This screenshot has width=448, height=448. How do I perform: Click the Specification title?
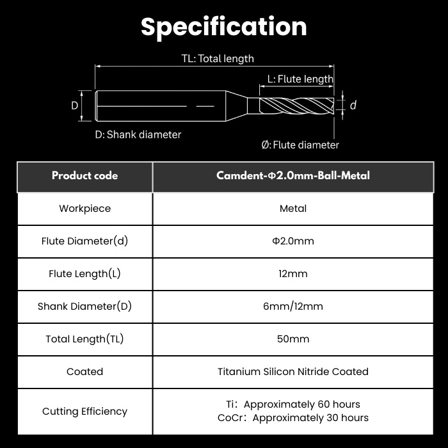pyautogui.click(x=224, y=27)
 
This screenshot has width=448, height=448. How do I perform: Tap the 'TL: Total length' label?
pyautogui.click(x=218, y=59)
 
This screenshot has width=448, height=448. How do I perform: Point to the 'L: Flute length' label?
pyautogui.click(x=300, y=79)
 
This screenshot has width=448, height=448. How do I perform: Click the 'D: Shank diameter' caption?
pyautogui.click(x=138, y=134)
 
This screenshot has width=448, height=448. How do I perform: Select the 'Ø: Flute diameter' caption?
pyautogui.click(x=300, y=145)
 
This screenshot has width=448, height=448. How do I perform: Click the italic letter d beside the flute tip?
pyautogui.click(x=353, y=105)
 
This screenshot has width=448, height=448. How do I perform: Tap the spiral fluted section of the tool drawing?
pyautogui.click(x=297, y=106)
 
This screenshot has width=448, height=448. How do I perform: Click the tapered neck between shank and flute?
pyautogui.click(x=237, y=106)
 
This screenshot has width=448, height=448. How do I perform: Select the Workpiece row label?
pyautogui.click(x=85, y=209)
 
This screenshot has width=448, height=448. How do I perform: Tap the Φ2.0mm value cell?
pyautogui.click(x=293, y=241)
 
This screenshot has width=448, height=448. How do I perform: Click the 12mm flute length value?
pyautogui.click(x=293, y=274)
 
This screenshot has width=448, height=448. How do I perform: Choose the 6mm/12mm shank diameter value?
pyautogui.click(x=293, y=307)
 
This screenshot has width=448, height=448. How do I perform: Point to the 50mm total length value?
pyautogui.click(x=293, y=339)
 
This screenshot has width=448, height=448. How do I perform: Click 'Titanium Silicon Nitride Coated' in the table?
pyautogui.click(x=293, y=371)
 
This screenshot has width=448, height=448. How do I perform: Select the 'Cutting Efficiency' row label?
pyautogui.click(x=85, y=412)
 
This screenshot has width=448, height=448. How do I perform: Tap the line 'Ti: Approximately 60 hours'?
pyautogui.click(x=293, y=404)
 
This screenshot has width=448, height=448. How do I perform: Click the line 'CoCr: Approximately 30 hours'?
pyautogui.click(x=293, y=418)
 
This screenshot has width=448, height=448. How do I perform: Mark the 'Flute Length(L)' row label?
pyautogui.click(x=85, y=274)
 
